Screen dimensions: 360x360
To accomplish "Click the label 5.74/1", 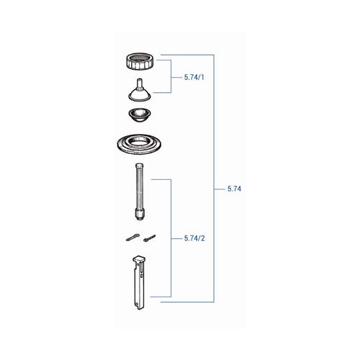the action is click(x=194, y=77).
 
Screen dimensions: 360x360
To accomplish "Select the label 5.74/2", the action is click(x=194, y=238).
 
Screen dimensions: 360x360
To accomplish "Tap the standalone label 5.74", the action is click(x=234, y=189).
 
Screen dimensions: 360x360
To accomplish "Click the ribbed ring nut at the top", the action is click(x=140, y=61).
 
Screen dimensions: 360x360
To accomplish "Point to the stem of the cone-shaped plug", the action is click(x=140, y=84).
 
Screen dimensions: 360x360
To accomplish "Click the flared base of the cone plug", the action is click(x=140, y=96).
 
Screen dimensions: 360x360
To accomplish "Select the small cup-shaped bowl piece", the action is click(x=140, y=115).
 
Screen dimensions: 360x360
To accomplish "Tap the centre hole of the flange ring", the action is click(x=139, y=143).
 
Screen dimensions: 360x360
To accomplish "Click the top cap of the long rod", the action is click(x=140, y=166).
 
